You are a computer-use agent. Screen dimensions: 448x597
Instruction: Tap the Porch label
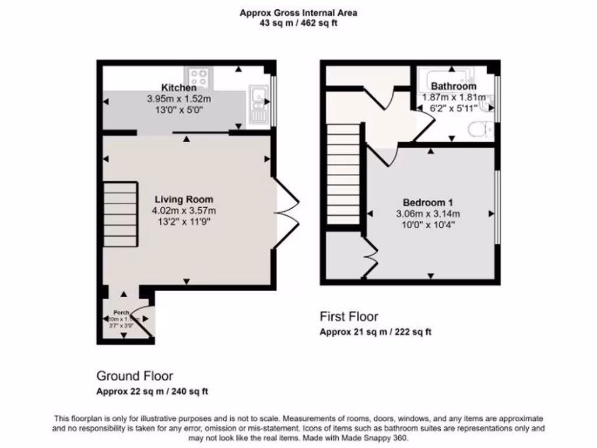click(x=121, y=313)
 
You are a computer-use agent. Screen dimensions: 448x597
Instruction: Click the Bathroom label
click(x=454, y=86)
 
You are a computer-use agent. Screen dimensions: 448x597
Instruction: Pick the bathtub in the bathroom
click(x=449, y=75)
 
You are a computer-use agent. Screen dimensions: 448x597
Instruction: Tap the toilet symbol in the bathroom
click(x=480, y=128)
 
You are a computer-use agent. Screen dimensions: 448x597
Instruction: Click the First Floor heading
click(x=349, y=317)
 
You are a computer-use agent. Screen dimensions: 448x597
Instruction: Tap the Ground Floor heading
click(x=135, y=376)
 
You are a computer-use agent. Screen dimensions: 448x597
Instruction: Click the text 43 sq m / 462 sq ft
click(x=298, y=24)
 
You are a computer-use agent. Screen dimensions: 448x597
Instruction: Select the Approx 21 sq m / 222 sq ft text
click(x=375, y=332)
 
